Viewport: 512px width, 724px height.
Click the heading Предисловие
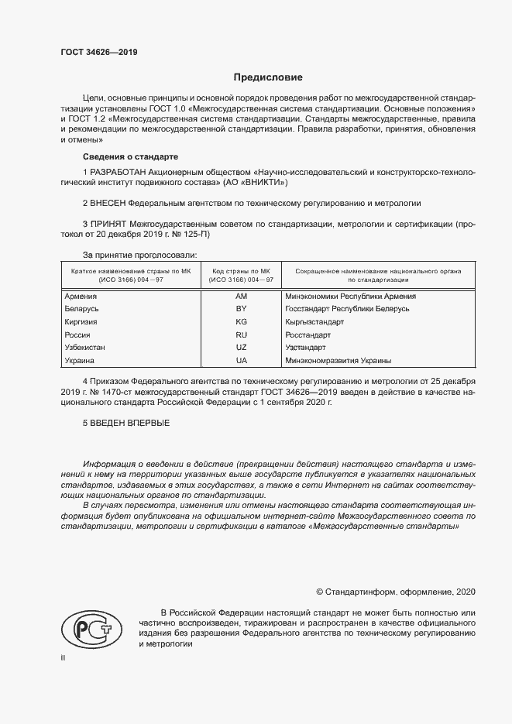(269, 77)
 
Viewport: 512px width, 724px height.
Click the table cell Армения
(81, 296)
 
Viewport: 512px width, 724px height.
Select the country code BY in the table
(241, 309)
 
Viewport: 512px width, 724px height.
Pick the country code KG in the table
(241, 321)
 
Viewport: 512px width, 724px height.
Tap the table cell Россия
(79, 335)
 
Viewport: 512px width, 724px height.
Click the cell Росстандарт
(308, 335)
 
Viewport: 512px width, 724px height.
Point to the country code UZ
(241, 348)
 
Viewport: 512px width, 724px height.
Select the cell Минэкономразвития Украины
(338, 361)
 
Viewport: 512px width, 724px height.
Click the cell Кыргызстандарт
(314, 321)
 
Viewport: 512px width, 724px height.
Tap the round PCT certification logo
(89, 628)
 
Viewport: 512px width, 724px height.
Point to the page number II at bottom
(64, 657)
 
